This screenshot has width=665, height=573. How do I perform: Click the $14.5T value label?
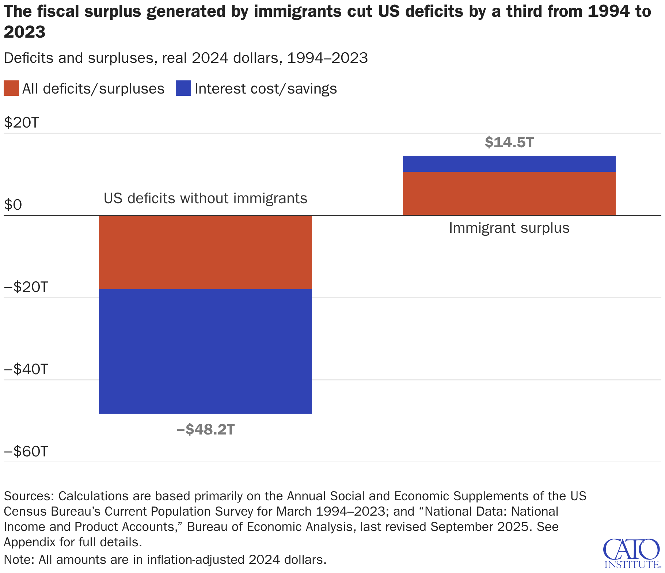coord(509,142)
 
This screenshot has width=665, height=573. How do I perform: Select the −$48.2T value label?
coord(205,429)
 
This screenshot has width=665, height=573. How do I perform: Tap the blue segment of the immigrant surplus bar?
coord(509,164)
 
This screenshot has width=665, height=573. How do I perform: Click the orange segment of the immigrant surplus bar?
coord(509,193)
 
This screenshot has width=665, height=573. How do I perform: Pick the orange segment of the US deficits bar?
coord(205,252)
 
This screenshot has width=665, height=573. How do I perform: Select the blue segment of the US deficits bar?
coord(205,351)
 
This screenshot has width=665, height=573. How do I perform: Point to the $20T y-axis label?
coord(21,123)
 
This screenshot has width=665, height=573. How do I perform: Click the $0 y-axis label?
coord(13,205)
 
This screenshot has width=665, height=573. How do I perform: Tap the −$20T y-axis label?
coord(26,287)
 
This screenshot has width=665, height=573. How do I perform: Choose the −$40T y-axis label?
coord(26,369)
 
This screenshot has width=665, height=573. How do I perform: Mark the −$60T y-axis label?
coord(26,452)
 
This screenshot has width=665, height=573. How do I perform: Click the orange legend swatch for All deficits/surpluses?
coord(11,88)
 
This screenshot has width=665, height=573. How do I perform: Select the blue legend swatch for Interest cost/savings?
coord(183,88)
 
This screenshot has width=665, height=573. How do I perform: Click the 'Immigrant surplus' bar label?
coord(509,228)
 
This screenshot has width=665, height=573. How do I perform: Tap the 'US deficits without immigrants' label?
coord(205,198)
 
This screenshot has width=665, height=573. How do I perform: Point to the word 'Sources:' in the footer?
coord(29,496)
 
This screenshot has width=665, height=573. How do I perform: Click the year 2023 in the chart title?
coord(24,32)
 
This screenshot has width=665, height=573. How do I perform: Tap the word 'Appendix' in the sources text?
coord(29,542)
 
